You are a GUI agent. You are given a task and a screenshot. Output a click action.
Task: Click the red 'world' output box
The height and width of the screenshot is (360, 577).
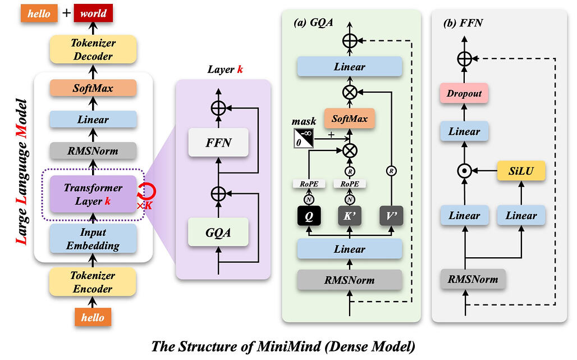click(x=93, y=13)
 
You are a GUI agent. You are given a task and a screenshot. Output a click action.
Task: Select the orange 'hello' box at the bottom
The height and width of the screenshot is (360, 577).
click(x=93, y=317)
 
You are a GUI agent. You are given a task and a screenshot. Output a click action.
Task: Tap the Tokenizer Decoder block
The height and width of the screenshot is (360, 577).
click(x=93, y=49)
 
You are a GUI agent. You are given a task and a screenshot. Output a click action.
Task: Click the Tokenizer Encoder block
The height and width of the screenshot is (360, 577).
click(x=93, y=282)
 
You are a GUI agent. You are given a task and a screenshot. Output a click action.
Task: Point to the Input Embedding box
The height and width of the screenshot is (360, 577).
click(x=93, y=239)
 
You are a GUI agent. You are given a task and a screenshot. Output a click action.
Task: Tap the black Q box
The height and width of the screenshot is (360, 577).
click(x=308, y=216)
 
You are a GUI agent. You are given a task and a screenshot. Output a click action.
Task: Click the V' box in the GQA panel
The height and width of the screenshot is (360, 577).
click(x=392, y=216)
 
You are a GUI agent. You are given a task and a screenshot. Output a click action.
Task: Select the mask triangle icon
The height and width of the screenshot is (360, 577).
click(x=304, y=138)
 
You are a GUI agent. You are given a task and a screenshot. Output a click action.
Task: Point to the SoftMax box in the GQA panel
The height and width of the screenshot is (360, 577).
click(x=350, y=119)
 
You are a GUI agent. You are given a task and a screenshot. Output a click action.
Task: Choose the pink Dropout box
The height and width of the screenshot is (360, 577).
click(x=464, y=94)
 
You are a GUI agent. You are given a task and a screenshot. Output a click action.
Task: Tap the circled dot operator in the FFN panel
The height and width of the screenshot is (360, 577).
click(x=464, y=170)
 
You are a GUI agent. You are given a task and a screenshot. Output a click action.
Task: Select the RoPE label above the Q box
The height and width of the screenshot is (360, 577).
click(x=308, y=184)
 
